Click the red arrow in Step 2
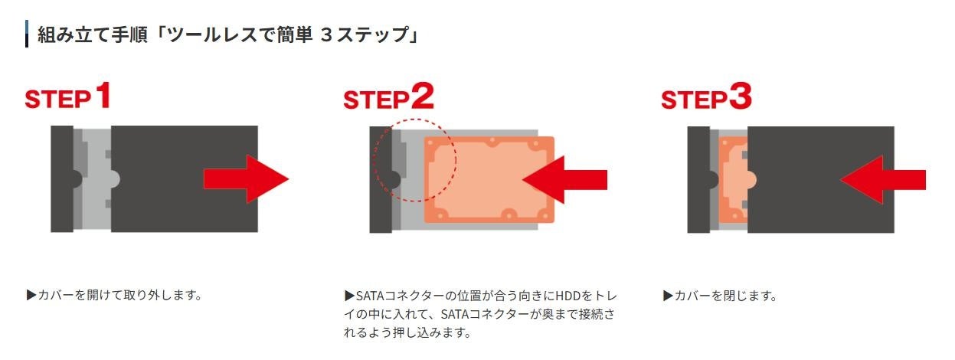click(x=563, y=179)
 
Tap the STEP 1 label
click(x=68, y=97)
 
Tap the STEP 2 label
click(x=388, y=97)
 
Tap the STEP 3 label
click(x=706, y=97)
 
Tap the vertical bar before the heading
click(x=27, y=34)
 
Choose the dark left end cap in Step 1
click(x=62, y=179)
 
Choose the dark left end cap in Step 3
click(x=698, y=179)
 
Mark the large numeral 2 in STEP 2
click(x=422, y=96)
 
